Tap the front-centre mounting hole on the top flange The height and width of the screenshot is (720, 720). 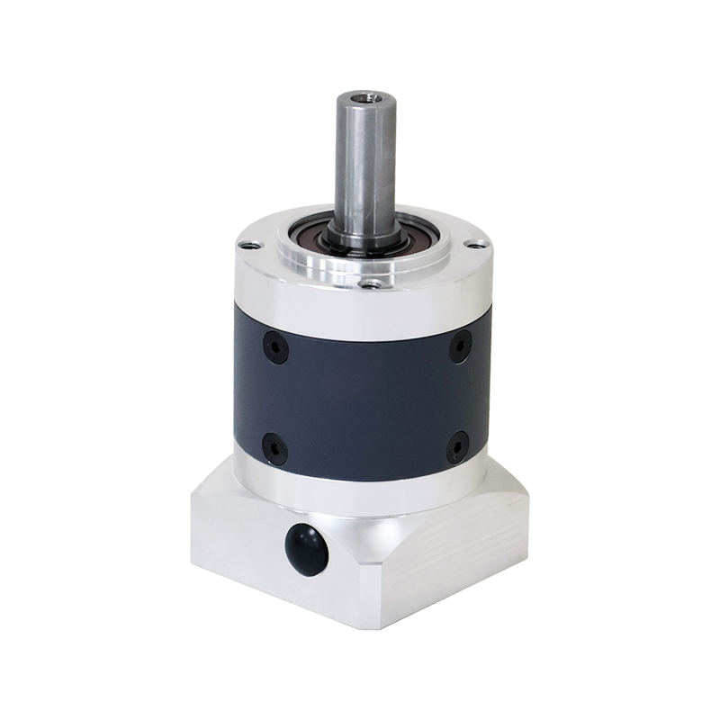[x=369, y=285]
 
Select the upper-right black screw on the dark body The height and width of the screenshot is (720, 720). [x=460, y=346]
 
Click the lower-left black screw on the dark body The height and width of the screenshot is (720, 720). [x=271, y=445]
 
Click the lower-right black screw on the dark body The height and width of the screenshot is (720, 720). [x=456, y=444]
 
